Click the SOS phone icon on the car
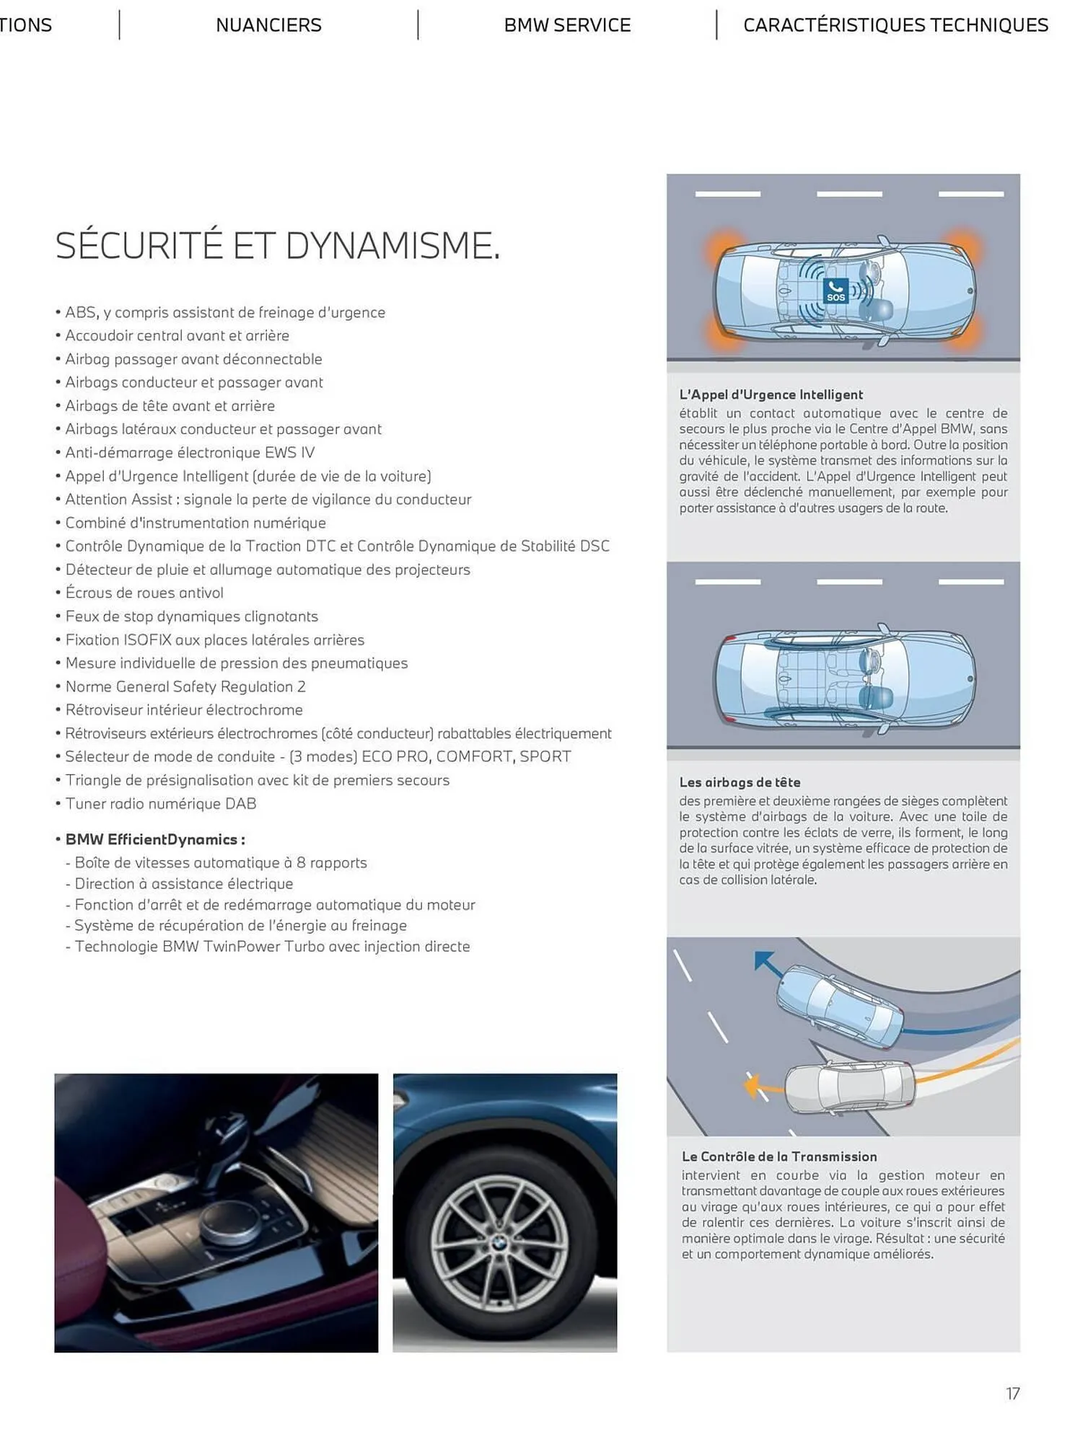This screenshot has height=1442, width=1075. click(835, 291)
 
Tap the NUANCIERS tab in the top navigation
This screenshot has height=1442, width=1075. click(268, 25)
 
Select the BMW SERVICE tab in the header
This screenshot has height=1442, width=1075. click(567, 25)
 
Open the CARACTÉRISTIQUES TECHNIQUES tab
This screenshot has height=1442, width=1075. click(895, 25)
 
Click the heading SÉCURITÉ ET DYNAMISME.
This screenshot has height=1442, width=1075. click(277, 246)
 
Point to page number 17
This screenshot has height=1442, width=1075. click(1012, 1393)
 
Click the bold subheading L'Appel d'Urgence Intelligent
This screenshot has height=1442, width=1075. click(771, 394)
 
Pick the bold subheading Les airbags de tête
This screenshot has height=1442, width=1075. click(740, 782)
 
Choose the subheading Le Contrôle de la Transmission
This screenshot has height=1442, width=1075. click(779, 1156)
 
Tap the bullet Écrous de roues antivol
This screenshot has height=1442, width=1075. click(144, 593)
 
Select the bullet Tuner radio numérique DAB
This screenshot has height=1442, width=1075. click(160, 803)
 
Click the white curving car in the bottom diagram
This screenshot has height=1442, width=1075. click(850, 1087)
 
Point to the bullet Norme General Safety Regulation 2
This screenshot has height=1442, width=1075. click(185, 686)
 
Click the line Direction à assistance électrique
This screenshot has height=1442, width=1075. click(183, 884)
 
